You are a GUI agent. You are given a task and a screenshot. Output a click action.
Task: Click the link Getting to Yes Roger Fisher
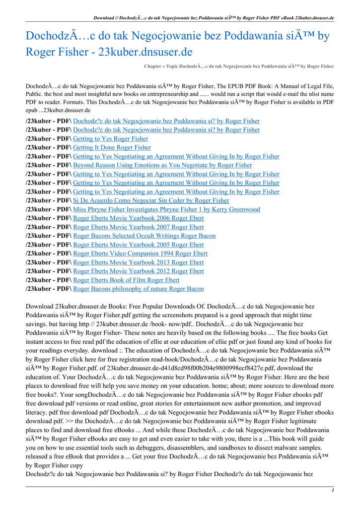[x=110, y=139]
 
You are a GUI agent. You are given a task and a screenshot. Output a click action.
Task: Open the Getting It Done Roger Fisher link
[x=112, y=148]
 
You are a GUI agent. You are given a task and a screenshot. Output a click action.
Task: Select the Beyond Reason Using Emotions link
[x=162, y=165]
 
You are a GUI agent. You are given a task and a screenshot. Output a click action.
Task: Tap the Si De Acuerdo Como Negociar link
[x=151, y=200]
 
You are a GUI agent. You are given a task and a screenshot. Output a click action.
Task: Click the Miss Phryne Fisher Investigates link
[x=166, y=209]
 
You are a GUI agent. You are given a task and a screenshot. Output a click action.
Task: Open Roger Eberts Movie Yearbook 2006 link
[x=138, y=218]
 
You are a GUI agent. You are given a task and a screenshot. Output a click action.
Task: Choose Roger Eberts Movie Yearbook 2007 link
[x=138, y=227]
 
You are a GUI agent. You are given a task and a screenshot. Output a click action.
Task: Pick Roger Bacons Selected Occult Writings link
[x=144, y=236]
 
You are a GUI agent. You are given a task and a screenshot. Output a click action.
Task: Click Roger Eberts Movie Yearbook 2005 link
[x=138, y=245]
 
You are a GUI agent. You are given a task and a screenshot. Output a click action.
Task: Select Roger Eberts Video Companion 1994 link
[x=140, y=254]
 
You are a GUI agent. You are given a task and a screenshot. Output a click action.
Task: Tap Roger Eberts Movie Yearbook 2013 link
[x=138, y=262]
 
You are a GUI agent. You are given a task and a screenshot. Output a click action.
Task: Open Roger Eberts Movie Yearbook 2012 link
[x=138, y=271]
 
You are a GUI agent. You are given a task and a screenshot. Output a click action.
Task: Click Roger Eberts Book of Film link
[x=126, y=280]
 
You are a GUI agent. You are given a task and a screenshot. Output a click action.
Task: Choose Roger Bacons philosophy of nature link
[x=138, y=289]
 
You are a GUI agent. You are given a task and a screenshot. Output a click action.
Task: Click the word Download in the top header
[x=105, y=18]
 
